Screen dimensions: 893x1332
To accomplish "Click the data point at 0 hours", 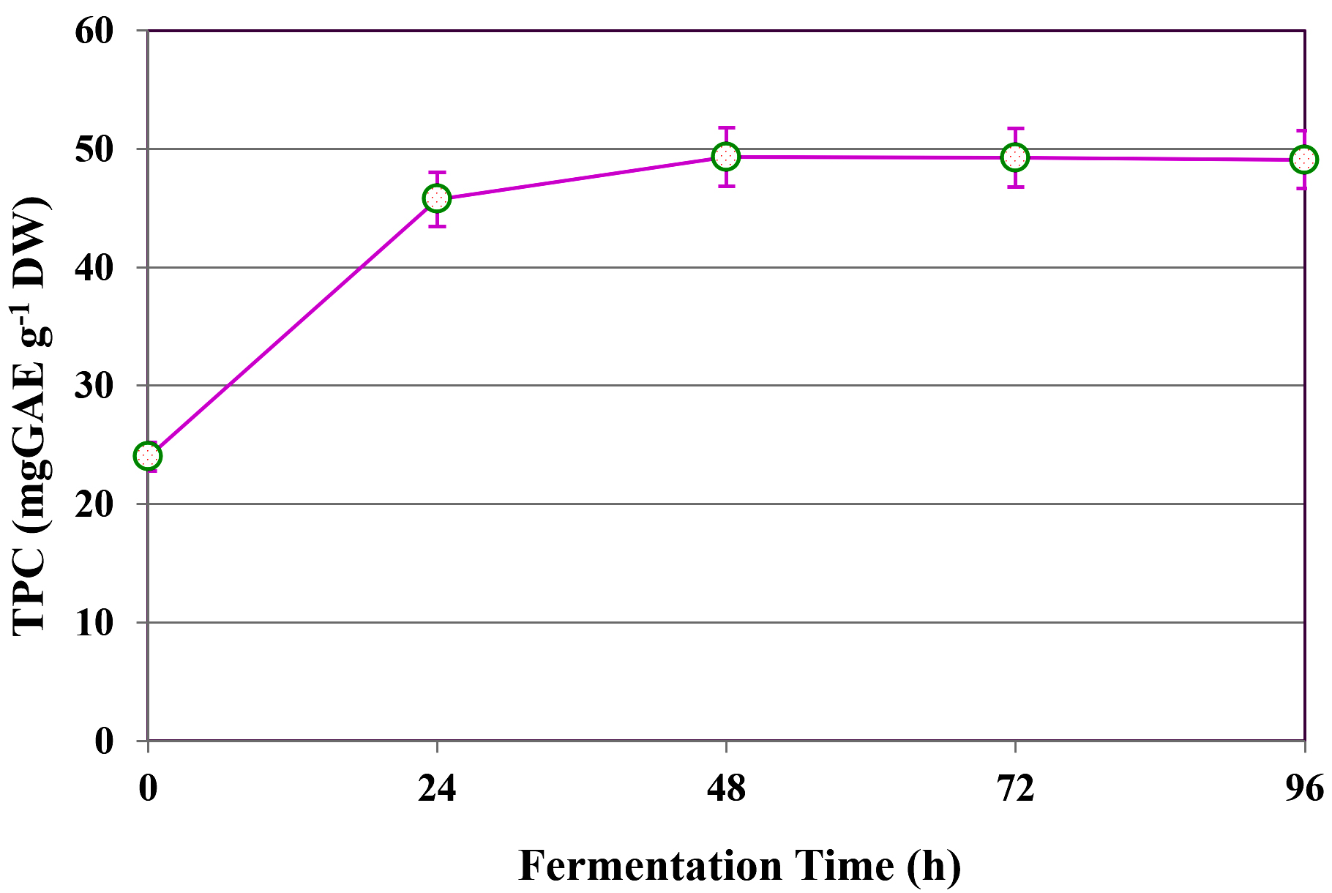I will (148, 456).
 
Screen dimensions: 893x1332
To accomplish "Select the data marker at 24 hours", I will (437, 198).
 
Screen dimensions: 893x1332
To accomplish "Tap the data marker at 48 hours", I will (726, 156).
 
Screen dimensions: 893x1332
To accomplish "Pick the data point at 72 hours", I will (1015, 157).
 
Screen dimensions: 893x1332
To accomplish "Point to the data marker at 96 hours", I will (1304, 159).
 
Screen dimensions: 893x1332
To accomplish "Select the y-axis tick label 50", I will (94, 149).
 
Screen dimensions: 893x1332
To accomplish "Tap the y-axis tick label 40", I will (94, 268).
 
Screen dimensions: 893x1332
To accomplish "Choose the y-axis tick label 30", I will (94, 386).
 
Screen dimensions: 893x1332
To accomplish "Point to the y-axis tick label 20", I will (94, 504).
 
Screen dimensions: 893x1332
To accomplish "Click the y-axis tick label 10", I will (94, 623).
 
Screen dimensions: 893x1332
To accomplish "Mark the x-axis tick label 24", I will (437, 789).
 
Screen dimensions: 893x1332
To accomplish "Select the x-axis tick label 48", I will (726, 789).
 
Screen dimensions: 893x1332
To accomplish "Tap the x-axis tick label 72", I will (1015, 789).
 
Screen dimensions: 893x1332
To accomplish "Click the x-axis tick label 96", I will (1304, 789).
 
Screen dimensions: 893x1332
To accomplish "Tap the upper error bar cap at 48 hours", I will (726, 127).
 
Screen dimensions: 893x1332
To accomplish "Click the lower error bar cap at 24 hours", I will (437, 226).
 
